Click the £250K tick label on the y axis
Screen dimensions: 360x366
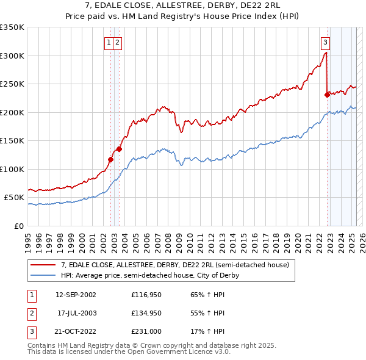12,84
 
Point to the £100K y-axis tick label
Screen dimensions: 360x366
12,169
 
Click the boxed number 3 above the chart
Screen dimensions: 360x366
326,43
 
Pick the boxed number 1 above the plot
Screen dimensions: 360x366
109,43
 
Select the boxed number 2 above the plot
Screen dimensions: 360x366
117,43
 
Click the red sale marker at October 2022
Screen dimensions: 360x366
327,95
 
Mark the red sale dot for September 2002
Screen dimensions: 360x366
111,160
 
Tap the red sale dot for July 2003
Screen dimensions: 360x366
120,149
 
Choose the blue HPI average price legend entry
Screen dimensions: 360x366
149,276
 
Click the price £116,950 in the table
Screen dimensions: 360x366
145,294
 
